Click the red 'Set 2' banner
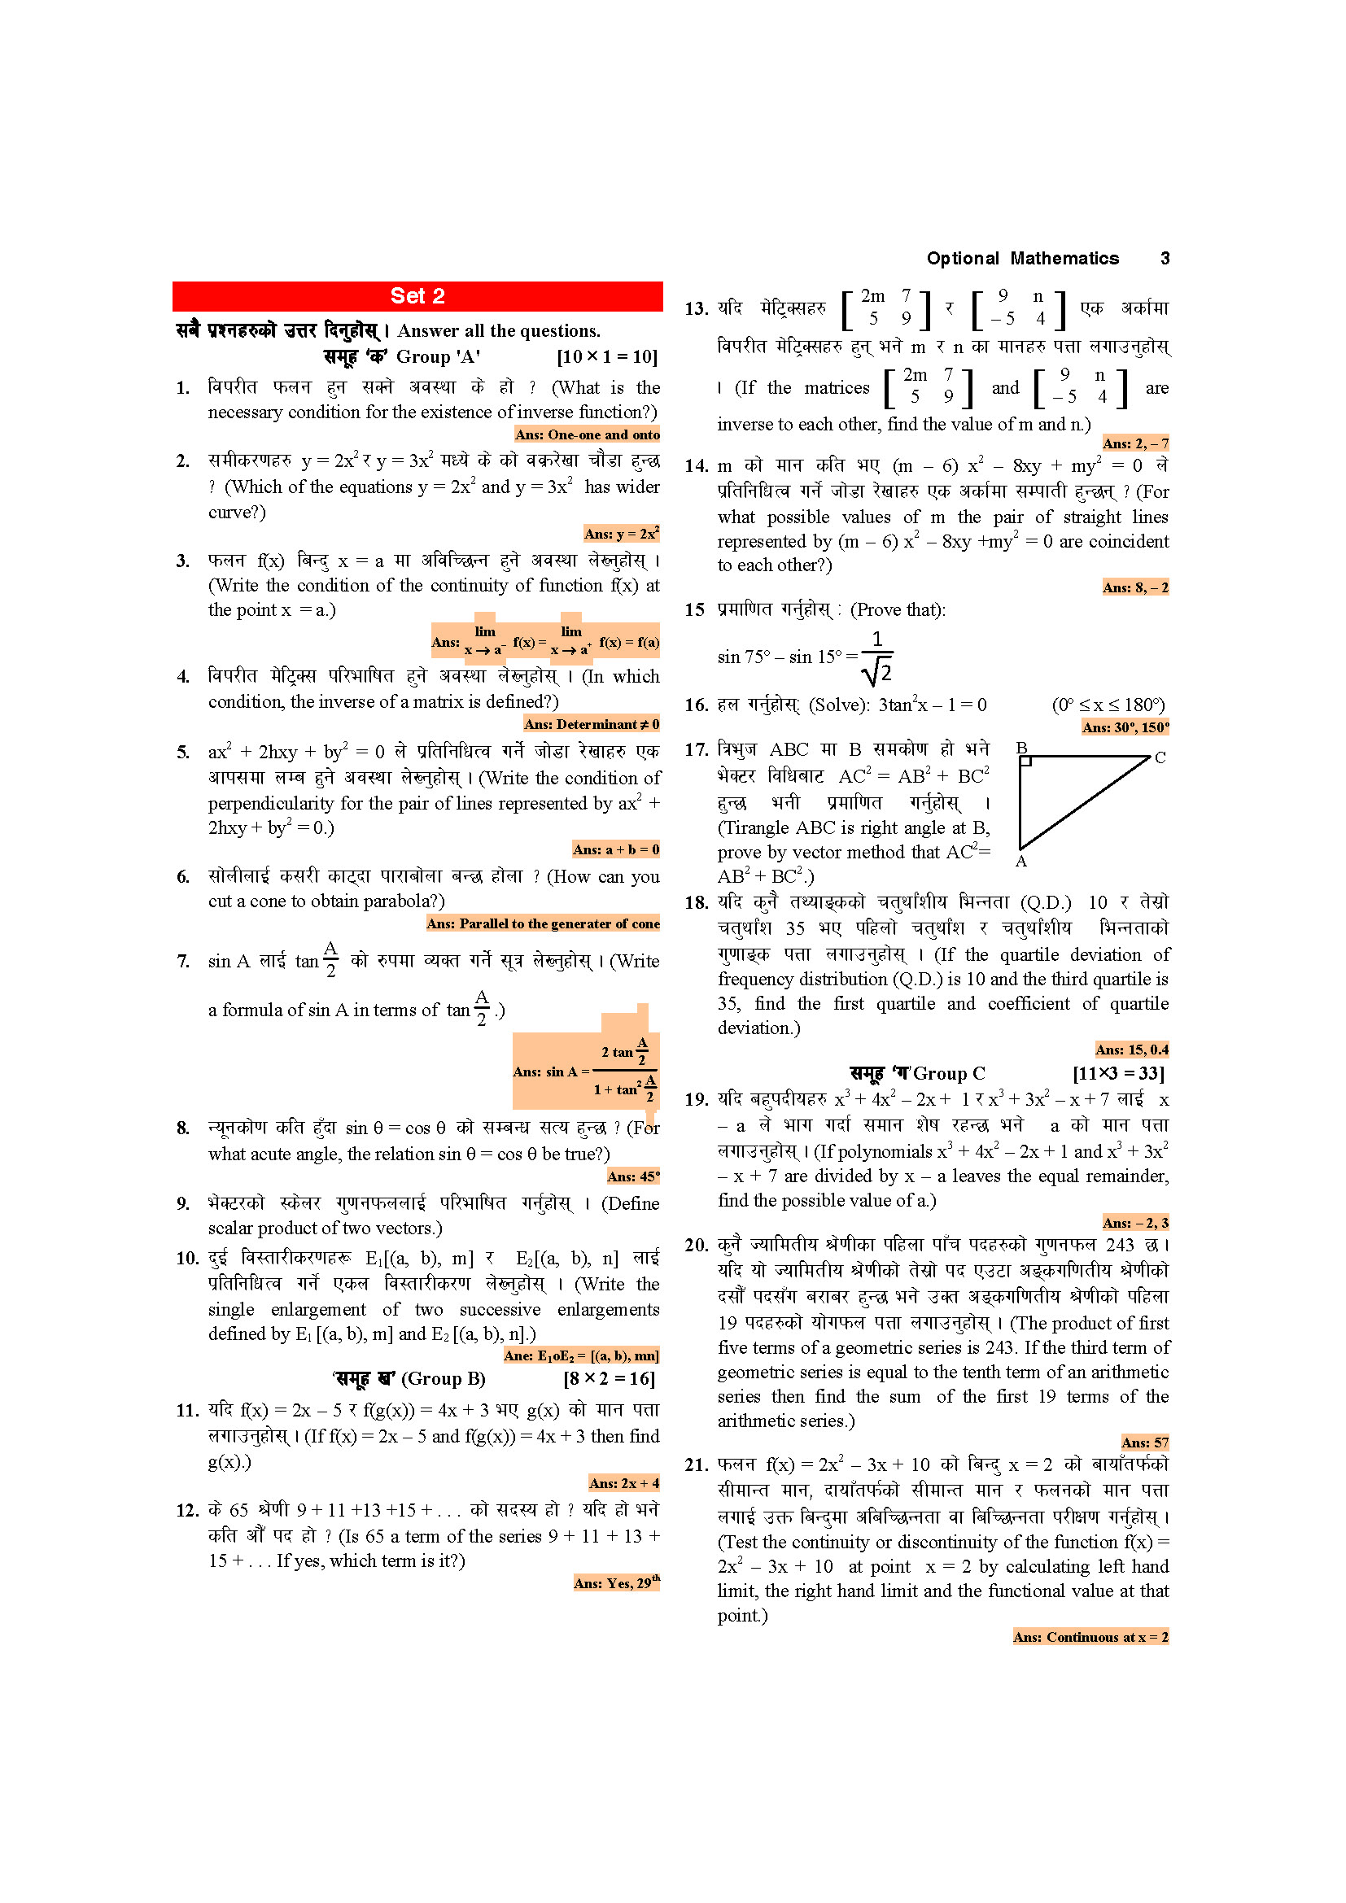[417, 296]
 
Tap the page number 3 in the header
[1165, 259]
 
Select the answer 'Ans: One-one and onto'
[587, 434]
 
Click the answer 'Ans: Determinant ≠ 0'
[591, 724]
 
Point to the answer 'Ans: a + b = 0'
[616, 849]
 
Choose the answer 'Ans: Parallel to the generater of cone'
[543, 923]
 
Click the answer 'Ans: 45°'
[633, 1177]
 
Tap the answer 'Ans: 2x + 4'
[624, 1484]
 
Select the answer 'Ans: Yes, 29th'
[617, 1583]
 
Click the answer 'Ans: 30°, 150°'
[1125, 727]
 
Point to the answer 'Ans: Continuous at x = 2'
[1090, 1637]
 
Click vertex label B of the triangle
[1022, 749]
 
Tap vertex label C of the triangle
[1160, 757]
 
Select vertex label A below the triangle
[1021, 861]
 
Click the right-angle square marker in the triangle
[1026, 761]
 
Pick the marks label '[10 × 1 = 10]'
[607, 357]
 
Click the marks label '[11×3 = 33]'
[1118, 1074]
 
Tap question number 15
[694, 610]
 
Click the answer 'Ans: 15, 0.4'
[1131, 1050]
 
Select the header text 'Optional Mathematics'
[1022, 259]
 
